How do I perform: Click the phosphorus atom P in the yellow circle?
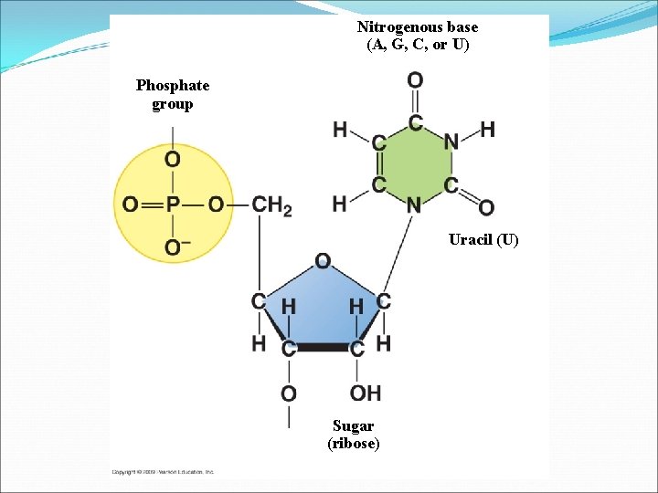[173, 205]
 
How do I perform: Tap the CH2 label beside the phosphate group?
[271, 206]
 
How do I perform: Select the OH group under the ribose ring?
[365, 393]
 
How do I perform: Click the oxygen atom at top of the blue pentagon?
[323, 262]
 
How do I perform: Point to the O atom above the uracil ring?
[415, 80]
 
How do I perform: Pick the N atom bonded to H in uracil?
[451, 142]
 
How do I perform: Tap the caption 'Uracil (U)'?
[483, 240]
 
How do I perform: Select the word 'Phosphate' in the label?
[173, 86]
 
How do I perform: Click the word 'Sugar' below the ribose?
[353, 425]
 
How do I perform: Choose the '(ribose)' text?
[353, 444]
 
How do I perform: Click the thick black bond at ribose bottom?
[323, 348]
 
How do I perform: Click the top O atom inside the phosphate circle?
[173, 160]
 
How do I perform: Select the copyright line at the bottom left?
[163, 472]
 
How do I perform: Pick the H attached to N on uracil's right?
[488, 130]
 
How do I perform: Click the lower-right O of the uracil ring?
[485, 208]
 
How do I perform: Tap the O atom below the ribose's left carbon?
[288, 393]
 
